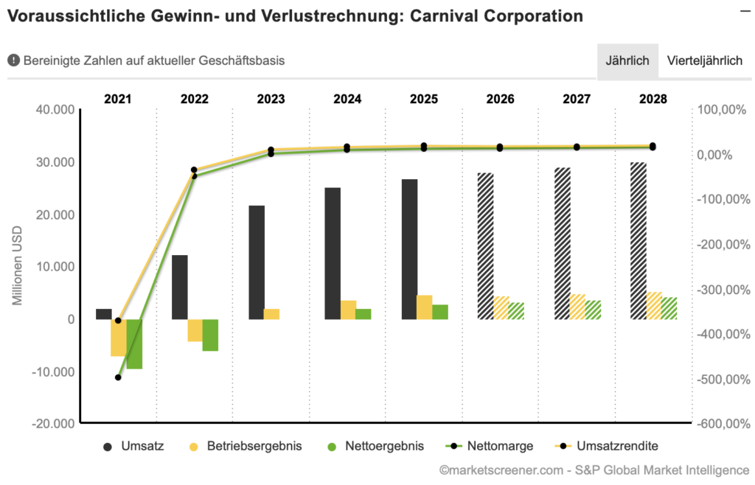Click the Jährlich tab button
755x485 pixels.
point(627,60)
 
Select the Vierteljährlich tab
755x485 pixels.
point(704,60)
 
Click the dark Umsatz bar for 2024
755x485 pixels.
point(333,253)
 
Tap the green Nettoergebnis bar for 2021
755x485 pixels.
point(134,343)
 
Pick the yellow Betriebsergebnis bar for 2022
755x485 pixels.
point(195,330)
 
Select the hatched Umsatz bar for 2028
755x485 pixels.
point(639,240)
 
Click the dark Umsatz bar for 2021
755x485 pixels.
point(104,314)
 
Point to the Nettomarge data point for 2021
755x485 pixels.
point(118,377)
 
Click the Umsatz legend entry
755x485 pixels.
point(133,446)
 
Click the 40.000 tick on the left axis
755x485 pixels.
point(54,110)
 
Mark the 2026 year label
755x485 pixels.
point(500,99)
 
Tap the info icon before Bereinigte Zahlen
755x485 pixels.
point(13,60)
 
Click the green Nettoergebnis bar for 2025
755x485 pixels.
point(440,312)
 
